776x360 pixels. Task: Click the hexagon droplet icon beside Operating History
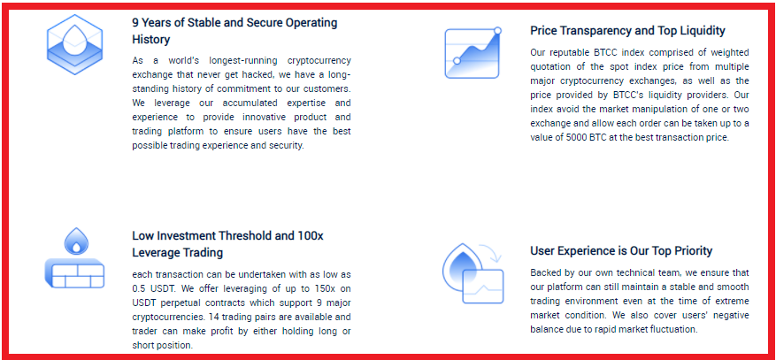pos(74,44)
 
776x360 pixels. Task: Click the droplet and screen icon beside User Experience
pos(473,272)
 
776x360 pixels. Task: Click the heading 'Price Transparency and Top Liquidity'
pos(627,31)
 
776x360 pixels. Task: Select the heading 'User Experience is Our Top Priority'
pos(621,250)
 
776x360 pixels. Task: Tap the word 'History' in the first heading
pos(151,40)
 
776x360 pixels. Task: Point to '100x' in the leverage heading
pos(311,235)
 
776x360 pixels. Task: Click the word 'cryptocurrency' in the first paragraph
pos(319,60)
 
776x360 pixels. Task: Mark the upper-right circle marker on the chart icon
pos(497,31)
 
